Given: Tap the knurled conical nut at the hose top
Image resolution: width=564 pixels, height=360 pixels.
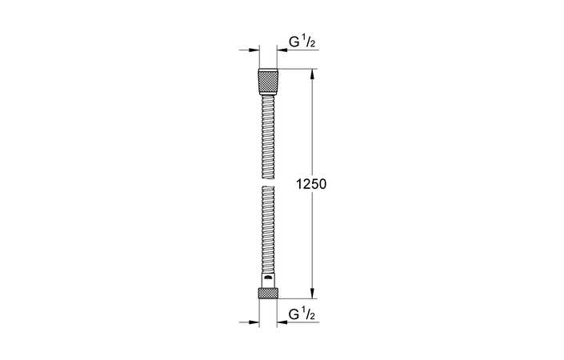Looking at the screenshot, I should (268, 82).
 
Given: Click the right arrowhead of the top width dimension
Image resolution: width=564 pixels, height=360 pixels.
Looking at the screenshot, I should (282, 50).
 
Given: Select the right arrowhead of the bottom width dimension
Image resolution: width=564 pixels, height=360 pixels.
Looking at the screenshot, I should (282, 322).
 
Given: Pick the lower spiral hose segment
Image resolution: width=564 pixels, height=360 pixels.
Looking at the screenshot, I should (268, 232).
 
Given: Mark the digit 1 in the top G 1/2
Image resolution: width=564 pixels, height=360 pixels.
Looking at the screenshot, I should (303, 36).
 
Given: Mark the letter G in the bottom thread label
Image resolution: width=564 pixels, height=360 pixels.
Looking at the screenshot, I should (292, 313).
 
